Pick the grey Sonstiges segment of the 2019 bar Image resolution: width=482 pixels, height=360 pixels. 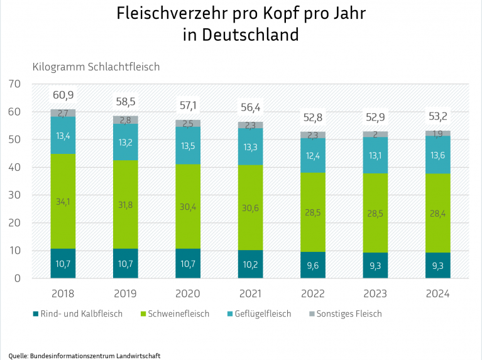coord(125,120)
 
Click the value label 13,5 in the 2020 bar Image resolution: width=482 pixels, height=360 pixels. coord(187,146)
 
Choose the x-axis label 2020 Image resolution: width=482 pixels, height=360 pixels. coord(187,293)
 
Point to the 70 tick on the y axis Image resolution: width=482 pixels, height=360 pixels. coord(16,84)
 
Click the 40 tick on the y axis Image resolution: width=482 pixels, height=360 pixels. coord(16,168)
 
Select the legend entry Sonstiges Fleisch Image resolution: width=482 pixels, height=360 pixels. coord(349,314)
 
